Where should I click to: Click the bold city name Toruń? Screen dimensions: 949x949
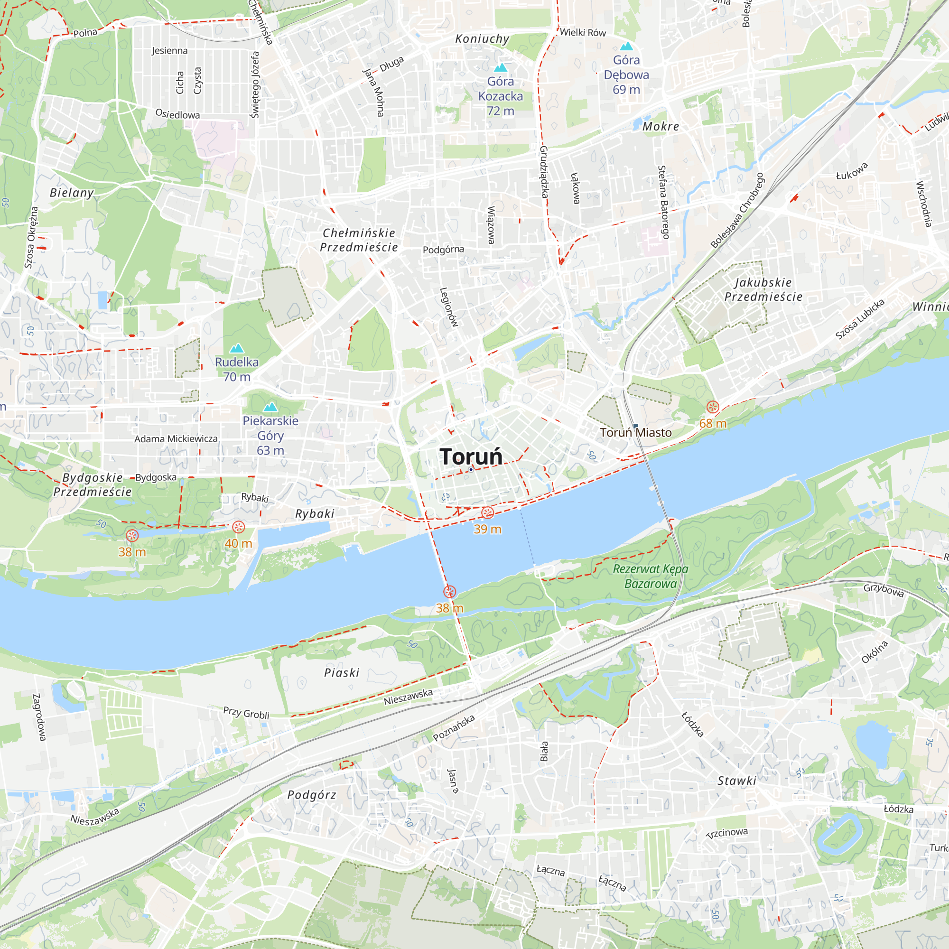pyautogui.click(x=471, y=457)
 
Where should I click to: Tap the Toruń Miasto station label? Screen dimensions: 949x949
pyautogui.click(x=635, y=433)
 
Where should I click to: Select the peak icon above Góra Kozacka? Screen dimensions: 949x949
pyautogui.click(x=500, y=67)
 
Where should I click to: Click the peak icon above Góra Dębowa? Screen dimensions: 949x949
pyautogui.click(x=626, y=47)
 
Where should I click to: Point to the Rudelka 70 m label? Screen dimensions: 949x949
pyautogui.click(x=237, y=369)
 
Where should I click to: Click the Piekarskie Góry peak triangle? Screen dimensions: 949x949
pyautogui.click(x=270, y=407)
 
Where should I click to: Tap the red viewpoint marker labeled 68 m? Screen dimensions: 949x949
pyautogui.click(x=712, y=407)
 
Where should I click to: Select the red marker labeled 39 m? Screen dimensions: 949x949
pyautogui.click(x=487, y=513)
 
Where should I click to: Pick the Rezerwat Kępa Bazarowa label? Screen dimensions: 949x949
pyautogui.click(x=651, y=576)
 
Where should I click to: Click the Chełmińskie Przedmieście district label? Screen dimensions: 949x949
pyautogui.click(x=359, y=240)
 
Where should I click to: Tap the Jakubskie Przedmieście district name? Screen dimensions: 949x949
pyautogui.click(x=763, y=289)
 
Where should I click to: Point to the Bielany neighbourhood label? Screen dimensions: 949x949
pyautogui.click(x=72, y=193)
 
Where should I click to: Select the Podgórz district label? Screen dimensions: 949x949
pyautogui.click(x=312, y=795)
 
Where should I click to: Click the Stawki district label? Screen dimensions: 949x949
pyautogui.click(x=737, y=781)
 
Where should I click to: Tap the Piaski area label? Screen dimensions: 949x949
pyautogui.click(x=342, y=673)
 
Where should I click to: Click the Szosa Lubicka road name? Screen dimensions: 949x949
pyautogui.click(x=860, y=319)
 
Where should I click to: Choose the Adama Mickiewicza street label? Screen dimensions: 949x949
pyautogui.click(x=176, y=438)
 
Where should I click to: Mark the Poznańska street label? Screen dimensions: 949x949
pyautogui.click(x=454, y=728)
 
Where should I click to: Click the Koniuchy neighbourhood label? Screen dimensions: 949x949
pyautogui.click(x=482, y=39)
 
